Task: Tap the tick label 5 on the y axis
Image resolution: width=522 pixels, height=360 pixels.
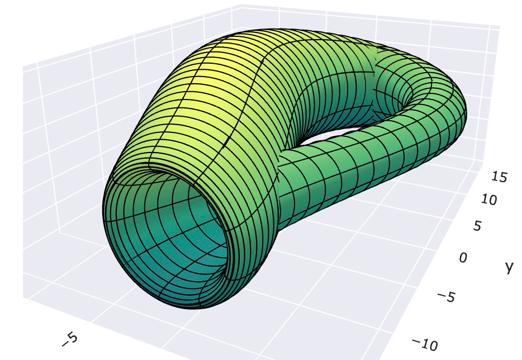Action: [x=477, y=226]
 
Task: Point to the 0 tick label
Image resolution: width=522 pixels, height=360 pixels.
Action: [x=463, y=258]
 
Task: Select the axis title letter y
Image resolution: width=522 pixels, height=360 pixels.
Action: [x=508, y=267]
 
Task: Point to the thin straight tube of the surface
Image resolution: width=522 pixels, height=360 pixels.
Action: [x=358, y=162]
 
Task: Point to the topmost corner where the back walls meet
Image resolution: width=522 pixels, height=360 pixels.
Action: [x=241, y=6]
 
